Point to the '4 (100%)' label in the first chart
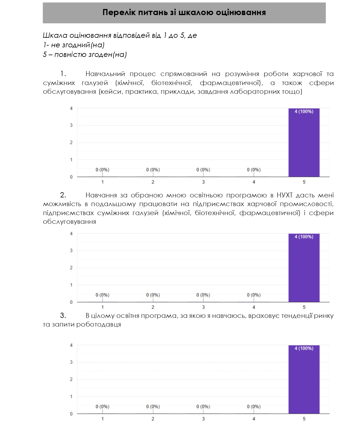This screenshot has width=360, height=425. coord(304,111)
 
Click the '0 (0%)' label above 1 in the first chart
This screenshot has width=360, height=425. coord(102,170)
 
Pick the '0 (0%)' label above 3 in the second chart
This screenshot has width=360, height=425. coord(203,295)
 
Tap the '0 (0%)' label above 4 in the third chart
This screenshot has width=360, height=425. coord(254,407)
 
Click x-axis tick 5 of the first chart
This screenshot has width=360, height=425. coord(304,182)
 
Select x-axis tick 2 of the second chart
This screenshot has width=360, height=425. coord(153,307)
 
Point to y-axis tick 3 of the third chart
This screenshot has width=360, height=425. coord(71,362)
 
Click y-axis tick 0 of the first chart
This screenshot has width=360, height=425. coord(71,177)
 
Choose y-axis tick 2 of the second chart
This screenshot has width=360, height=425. coord(71,268)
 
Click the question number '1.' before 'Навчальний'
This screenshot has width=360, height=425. coord(63,74)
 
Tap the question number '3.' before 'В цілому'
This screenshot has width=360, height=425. coord(63,316)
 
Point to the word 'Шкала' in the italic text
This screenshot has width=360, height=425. coord(55,35)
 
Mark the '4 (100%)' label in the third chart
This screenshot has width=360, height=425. coord(304,348)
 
